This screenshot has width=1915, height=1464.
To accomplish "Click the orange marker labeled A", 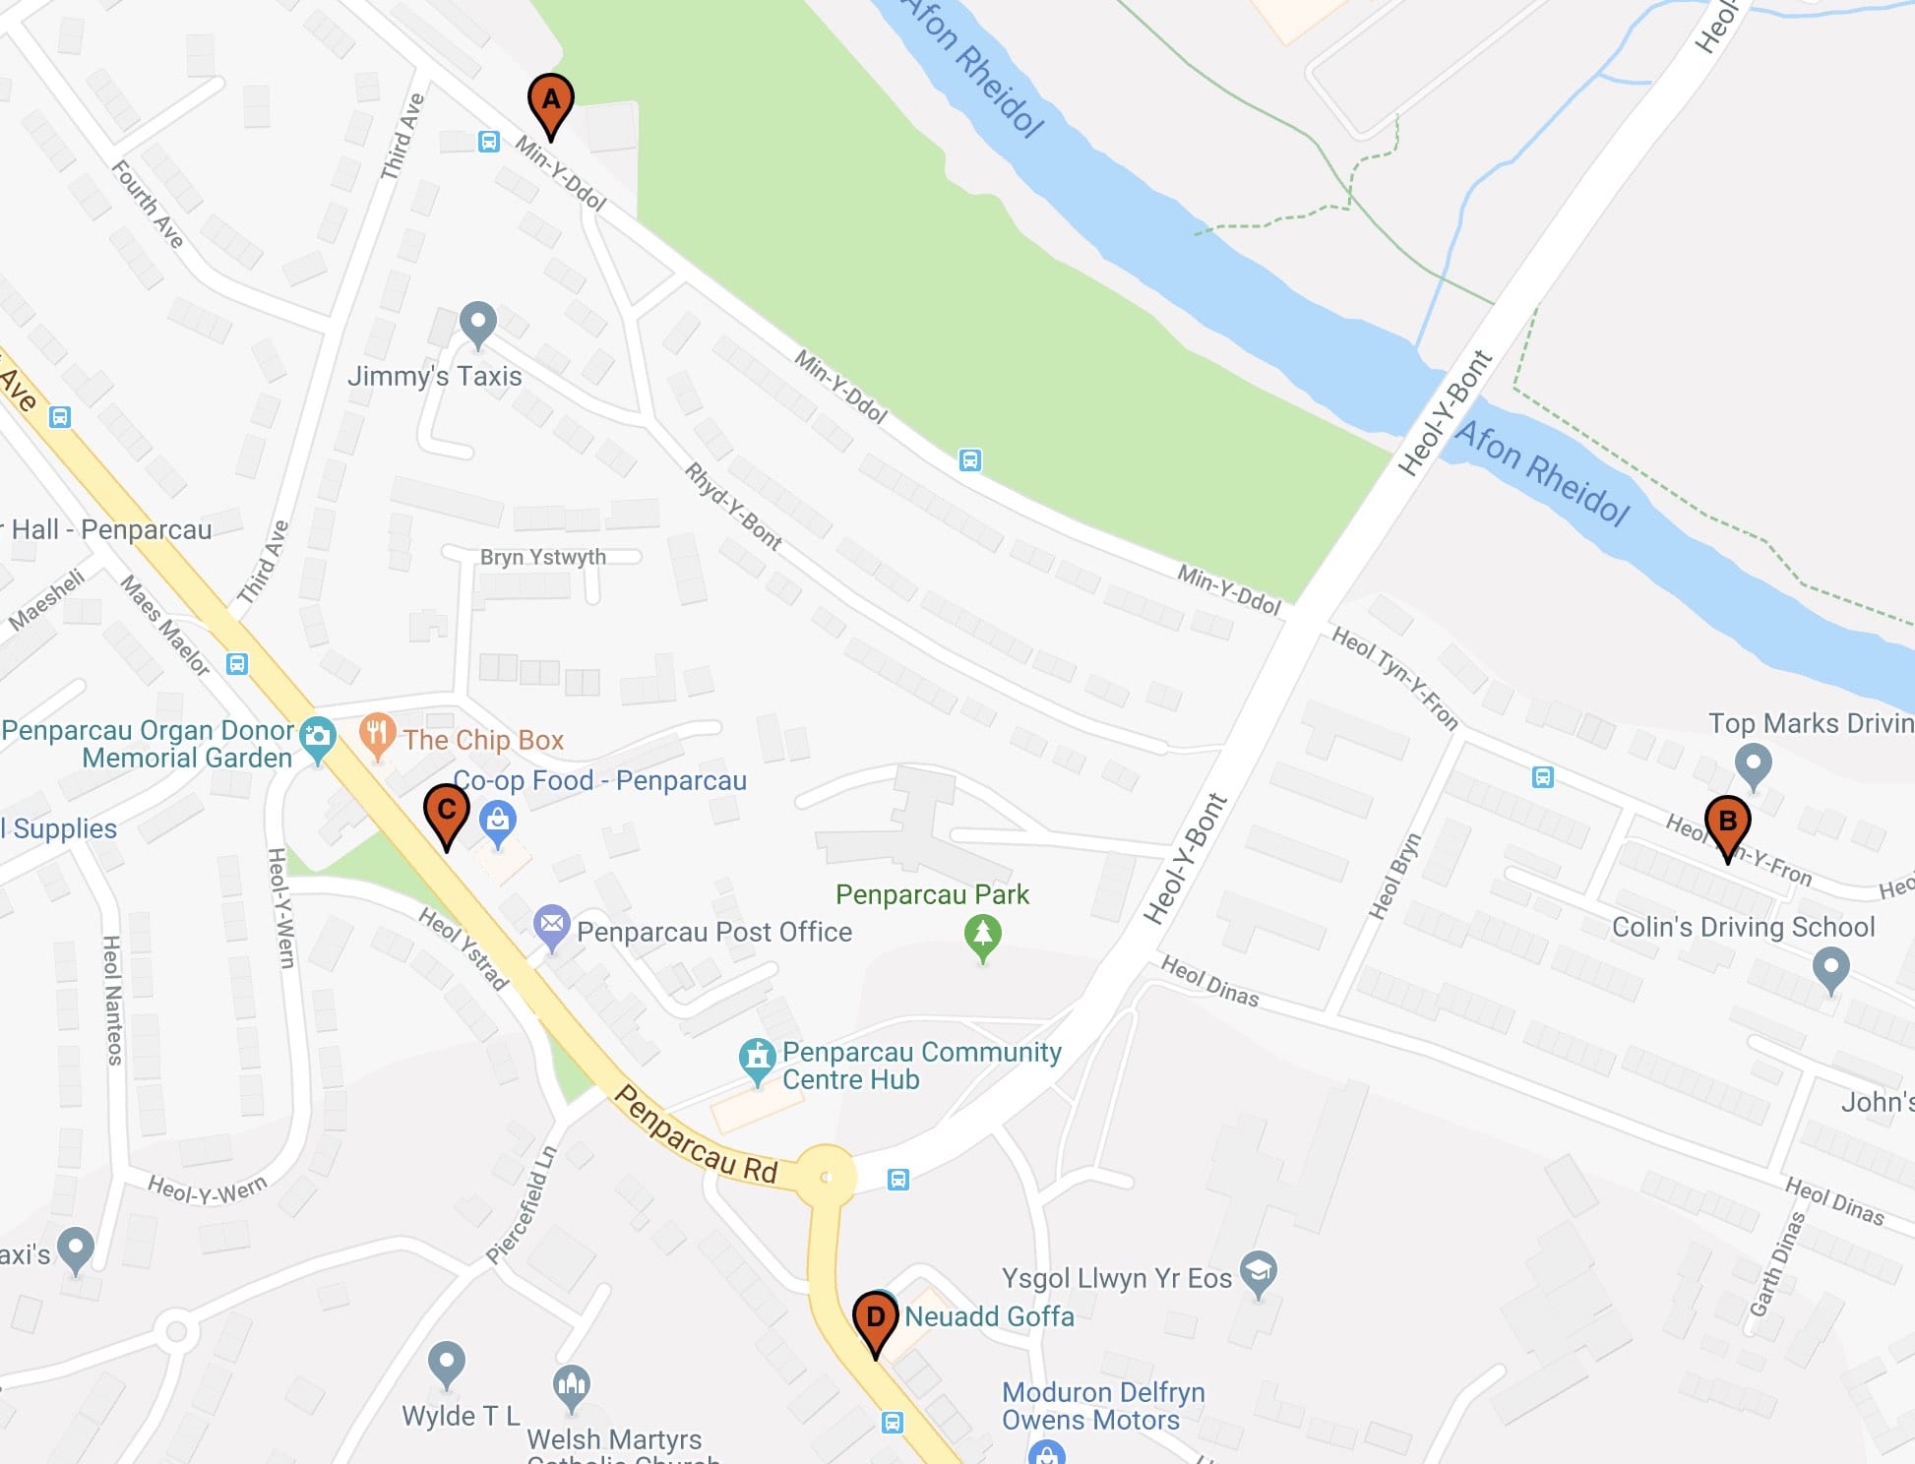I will [x=551, y=102].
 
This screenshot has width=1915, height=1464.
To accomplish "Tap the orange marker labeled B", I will [x=1727, y=823].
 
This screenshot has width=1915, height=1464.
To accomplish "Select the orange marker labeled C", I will [x=446, y=812].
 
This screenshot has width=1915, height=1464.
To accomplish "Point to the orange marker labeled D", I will [x=875, y=1319].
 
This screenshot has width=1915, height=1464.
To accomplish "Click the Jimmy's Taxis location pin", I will [x=478, y=322].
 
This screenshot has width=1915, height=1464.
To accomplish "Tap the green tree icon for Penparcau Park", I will [x=982, y=936].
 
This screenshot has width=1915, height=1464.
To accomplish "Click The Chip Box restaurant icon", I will [x=377, y=734].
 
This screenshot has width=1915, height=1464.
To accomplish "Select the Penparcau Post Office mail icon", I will [x=552, y=925].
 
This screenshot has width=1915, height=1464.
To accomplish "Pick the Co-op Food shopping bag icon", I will [x=498, y=821].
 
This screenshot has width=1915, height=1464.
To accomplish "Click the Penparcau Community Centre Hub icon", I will [x=757, y=1059].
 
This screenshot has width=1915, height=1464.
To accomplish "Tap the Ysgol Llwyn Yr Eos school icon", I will [x=1259, y=1272].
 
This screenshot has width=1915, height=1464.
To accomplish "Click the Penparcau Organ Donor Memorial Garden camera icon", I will [x=317, y=737].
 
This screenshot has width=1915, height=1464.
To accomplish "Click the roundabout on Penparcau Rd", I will [x=826, y=1177].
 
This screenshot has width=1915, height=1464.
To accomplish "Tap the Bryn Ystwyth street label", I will [x=542, y=557].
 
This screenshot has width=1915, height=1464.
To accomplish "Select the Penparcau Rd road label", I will [x=696, y=1134].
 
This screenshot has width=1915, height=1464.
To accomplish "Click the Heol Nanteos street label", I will [x=113, y=1000].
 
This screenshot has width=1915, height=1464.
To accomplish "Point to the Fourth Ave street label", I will [x=148, y=204].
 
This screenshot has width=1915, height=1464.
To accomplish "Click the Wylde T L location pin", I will [x=447, y=1363].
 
